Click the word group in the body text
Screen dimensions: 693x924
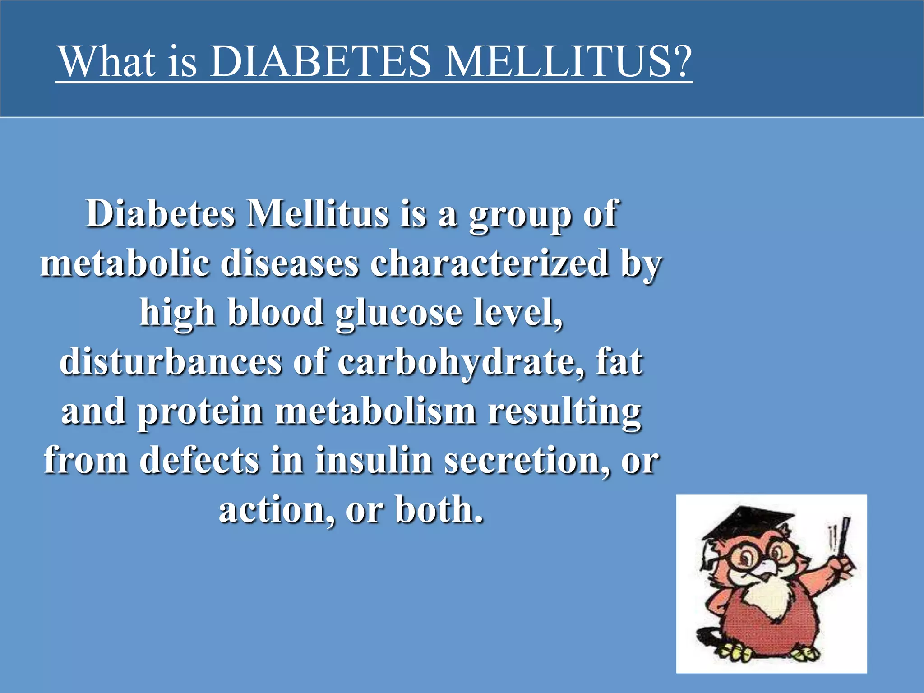pos(519,215)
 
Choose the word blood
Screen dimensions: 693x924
pos(276,312)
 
